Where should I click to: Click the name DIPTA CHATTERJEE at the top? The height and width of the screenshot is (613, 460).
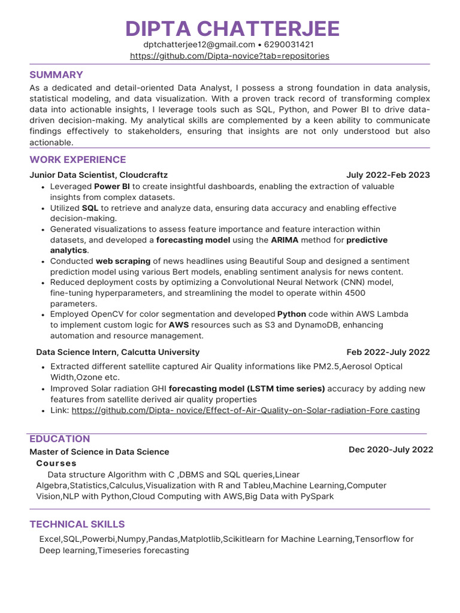[232, 28]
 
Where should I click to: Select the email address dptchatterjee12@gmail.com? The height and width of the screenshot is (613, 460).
[199, 45]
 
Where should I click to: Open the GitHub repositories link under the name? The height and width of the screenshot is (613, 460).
[229, 56]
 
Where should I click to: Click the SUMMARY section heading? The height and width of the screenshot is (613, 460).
[56, 75]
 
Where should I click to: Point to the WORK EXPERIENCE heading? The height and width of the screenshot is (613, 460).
[78, 159]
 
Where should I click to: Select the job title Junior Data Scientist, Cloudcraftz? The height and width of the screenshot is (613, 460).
[99, 175]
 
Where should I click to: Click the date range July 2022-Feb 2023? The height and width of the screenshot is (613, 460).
[388, 175]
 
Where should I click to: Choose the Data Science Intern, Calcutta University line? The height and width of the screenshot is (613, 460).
[118, 352]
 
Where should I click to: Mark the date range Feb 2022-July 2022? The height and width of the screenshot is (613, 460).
[388, 352]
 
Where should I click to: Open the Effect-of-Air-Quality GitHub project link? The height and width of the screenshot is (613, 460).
[246, 410]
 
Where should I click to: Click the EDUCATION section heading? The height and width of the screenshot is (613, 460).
[60, 439]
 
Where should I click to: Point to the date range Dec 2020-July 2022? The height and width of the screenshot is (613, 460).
[391, 450]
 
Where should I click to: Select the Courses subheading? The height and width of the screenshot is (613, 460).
[56, 463]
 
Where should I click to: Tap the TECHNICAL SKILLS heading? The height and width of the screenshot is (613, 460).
[77, 524]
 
